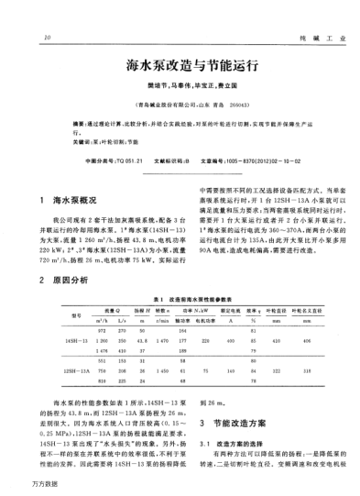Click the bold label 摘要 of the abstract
click(x=82, y=120)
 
